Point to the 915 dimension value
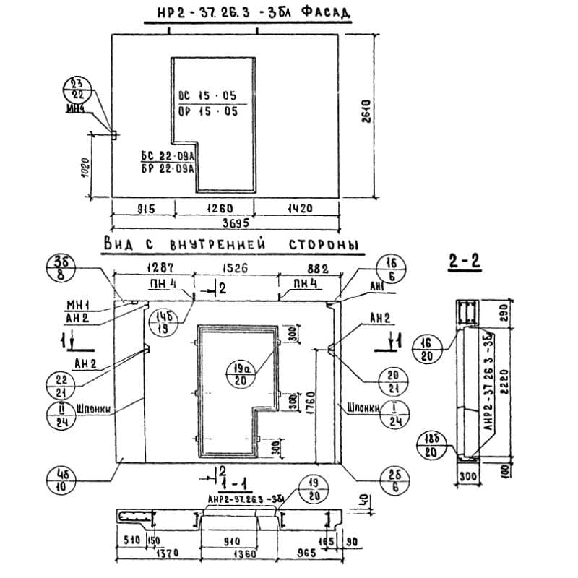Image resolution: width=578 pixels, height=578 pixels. coord(146,210)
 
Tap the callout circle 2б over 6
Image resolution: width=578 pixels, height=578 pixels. coord(394,480)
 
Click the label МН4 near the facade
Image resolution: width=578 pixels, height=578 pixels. coord(74,110)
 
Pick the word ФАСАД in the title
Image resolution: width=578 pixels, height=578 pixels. coord(324,12)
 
